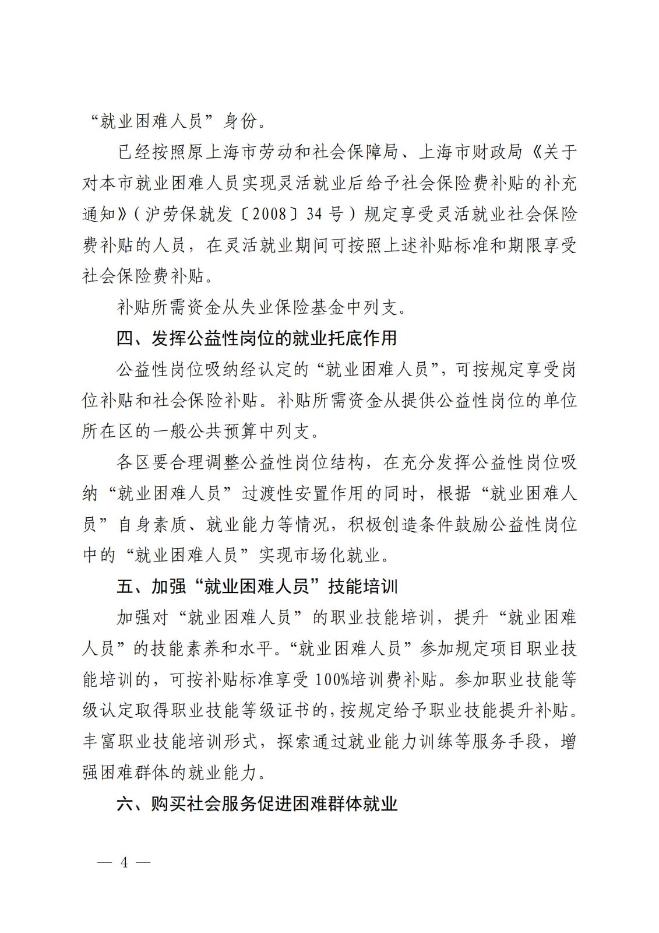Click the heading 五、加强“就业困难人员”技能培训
tap(257, 586)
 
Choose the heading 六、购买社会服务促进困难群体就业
tap(257, 804)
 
